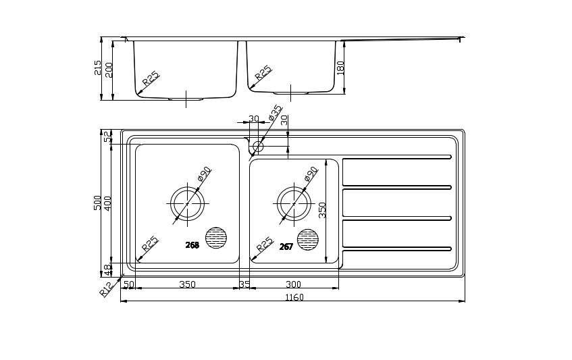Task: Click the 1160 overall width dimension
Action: coord(294,298)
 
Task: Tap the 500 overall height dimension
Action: coord(97,203)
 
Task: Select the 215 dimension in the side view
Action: coord(98,68)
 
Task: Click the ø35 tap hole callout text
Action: coord(275,113)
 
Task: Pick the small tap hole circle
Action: coord(258,147)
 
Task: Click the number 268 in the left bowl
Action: coord(192,245)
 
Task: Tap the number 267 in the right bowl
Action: coord(286,247)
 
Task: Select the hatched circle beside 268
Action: coord(216,238)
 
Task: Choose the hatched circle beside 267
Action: coord(307,240)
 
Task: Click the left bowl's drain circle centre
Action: coord(188,203)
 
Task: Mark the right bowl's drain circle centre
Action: coord(294,203)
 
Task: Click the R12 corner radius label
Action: coord(107,288)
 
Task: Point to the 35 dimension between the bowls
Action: coord(244,284)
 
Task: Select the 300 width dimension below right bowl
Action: coord(293,284)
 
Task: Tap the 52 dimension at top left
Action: coord(107,137)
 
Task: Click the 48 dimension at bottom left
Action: coord(107,270)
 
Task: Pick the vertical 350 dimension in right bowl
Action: coord(323,211)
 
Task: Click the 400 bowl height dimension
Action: coord(107,203)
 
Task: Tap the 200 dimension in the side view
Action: coord(109,70)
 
